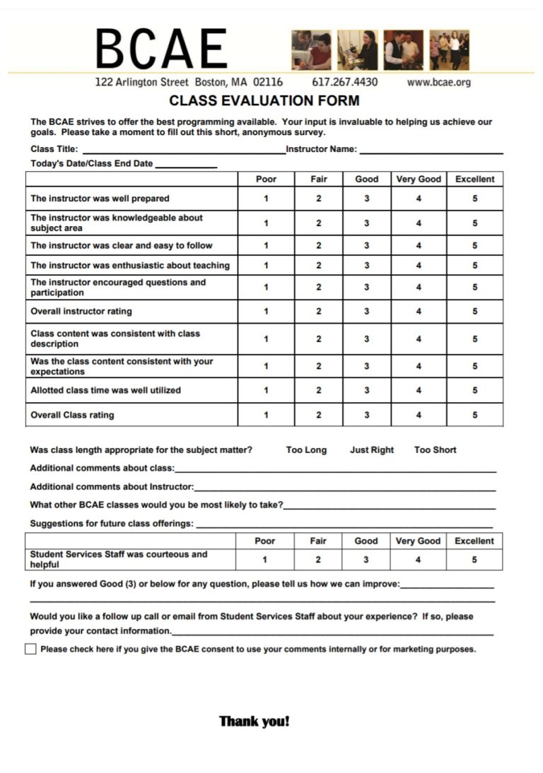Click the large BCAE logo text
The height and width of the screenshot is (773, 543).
click(x=162, y=49)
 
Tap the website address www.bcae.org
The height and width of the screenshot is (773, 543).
click(x=438, y=82)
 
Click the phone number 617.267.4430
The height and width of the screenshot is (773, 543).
click(x=344, y=82)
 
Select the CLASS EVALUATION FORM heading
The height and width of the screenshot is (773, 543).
click(x=264, y=100)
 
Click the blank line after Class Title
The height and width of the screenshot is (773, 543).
click(x=184, y=150)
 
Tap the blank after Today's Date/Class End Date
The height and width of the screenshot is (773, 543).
click(x=186, y=164)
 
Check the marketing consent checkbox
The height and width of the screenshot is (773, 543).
click(x=30, y=649)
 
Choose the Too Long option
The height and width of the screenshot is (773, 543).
click(x=306, y=450)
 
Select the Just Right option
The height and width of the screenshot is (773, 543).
click(x=372, y=450)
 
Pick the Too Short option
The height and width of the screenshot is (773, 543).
click(x=435, y=450)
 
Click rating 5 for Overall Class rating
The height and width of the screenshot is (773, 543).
click(x=474, y=415)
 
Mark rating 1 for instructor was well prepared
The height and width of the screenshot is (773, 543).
click(x=266, y=199)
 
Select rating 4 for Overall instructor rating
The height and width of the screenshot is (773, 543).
click(x=419, y=312)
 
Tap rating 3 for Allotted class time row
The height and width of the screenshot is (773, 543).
click(x=366, y=390)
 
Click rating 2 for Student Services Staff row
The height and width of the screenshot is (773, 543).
click(x=318, y=560)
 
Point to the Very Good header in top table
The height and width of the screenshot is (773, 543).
click(x=419, y=179)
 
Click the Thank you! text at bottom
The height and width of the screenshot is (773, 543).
click(x=255, y=721)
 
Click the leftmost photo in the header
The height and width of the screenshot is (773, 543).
click(x=311, y=50)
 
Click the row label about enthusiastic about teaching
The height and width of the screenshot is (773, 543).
click(x=130, y=266)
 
